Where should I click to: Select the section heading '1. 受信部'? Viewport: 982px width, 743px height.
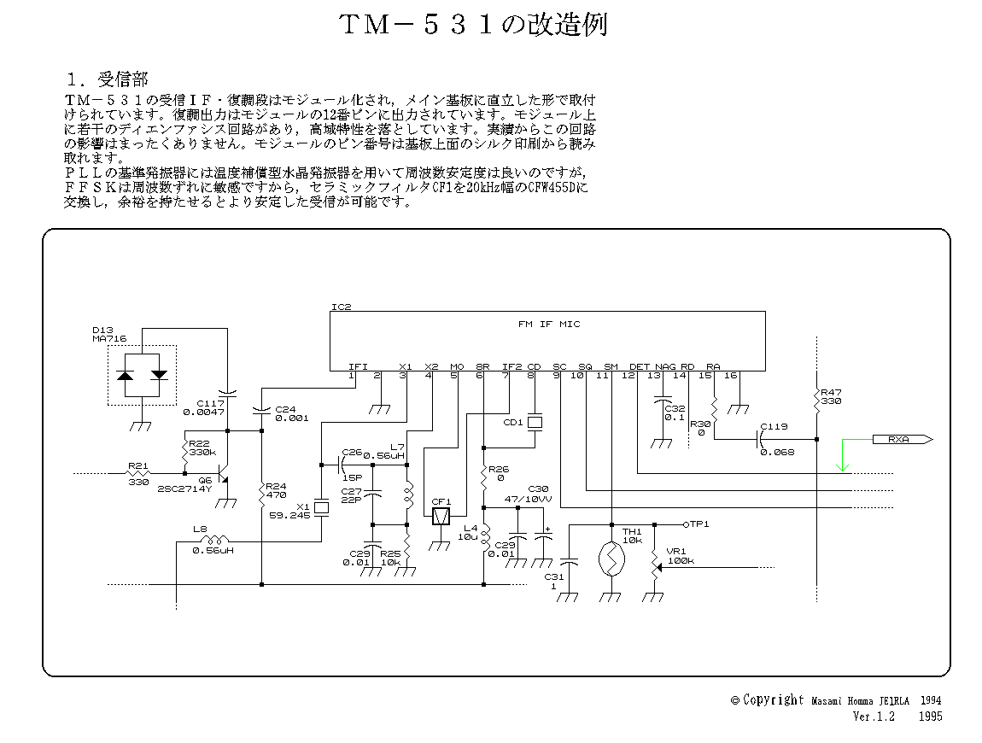pos(108,79)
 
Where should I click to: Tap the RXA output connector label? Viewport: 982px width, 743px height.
pos(897,440)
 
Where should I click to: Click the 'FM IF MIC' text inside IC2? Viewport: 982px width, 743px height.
pos(549,325)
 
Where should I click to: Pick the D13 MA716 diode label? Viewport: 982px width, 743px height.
pos(108,334)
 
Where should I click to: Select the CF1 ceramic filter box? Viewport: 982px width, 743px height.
pos(441,517)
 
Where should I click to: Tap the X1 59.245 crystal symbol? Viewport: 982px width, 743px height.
pos(321,508)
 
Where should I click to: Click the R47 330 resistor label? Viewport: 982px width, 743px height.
pos(831,395)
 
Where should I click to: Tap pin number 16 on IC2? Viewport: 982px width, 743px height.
pos(729,375)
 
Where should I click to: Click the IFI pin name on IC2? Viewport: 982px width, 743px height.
pos(358,366)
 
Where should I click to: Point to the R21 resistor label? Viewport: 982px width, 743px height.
pos(137,466)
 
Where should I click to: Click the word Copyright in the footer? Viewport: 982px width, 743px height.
pos(773,700)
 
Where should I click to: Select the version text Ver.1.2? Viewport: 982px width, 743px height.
pos(873,717)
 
